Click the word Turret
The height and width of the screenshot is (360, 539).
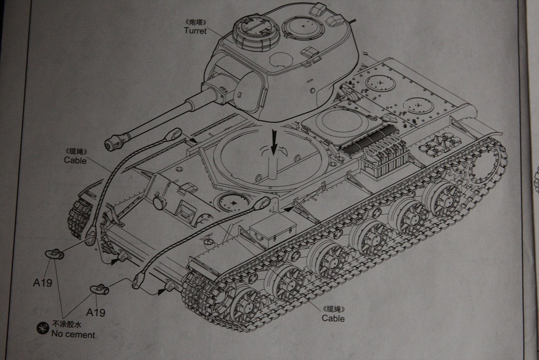coord(195,31)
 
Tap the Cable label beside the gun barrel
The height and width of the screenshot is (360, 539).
coord(75,160)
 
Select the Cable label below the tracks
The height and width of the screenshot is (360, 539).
coord(333,318)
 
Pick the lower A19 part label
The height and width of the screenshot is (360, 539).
coord(96,313)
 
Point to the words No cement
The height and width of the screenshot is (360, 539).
coord(74,335)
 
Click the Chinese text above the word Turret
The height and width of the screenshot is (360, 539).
coord(195,23)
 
